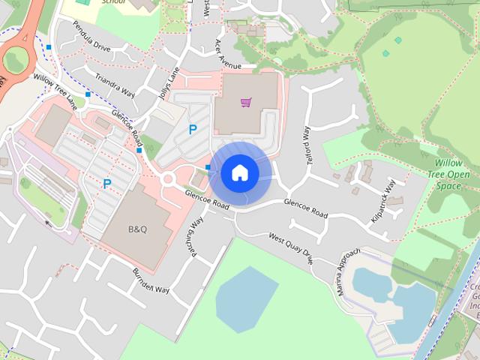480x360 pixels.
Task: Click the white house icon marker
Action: [x=240, y=173]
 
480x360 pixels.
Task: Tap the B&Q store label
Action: [x=138, y=229]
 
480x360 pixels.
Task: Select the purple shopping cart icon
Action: [x=245, y=102]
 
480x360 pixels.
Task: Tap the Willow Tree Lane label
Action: [x=55, y=88]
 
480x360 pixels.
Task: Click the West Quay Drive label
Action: [x=291, y=249]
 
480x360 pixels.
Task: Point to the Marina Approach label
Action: [x=349, y=271]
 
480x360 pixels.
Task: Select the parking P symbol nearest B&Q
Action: [x=107, y=184]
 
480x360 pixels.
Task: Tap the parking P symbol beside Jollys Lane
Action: [x=193, y=129]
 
